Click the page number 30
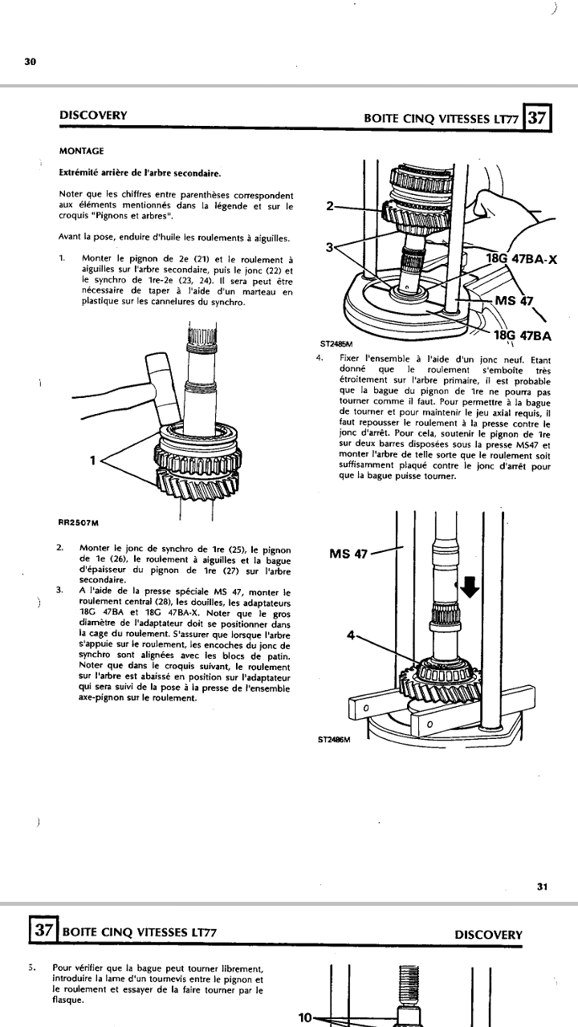coord(30,61)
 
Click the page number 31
coord(542,886)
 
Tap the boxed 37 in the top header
coord(537,118)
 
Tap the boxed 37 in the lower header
coord(43,933)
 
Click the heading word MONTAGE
coord(81,150)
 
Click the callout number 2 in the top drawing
coord(330,205)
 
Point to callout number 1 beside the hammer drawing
coord(94,460)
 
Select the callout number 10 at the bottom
coord(305,1017)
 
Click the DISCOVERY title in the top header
coord(93,115)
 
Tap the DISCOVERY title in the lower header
coord(488,934)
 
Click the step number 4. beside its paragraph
coord(321,357)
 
